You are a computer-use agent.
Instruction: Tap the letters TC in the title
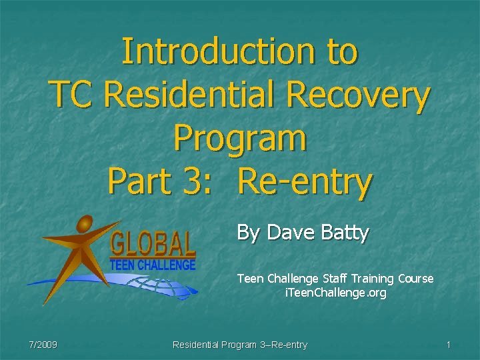[x=73, y=95]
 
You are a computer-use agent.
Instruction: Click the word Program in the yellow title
[x=240, y=139]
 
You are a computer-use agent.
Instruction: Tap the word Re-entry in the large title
[x=305, y=182]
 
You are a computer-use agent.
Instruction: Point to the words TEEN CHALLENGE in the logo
[x=153, y=264]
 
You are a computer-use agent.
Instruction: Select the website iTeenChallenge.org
[x=335, y=293]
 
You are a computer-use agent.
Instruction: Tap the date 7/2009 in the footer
[x=43, y=345]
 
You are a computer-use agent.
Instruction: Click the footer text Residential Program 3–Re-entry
[x=240, y=345]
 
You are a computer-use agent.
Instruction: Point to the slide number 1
[x=449, y=345]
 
